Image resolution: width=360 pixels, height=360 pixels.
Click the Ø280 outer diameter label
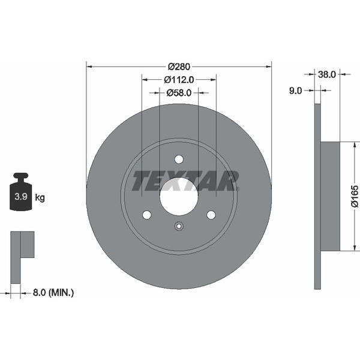179,67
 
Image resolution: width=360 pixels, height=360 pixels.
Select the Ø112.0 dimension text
179,80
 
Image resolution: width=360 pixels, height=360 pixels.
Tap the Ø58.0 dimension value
179,93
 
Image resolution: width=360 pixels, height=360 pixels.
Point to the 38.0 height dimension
327,74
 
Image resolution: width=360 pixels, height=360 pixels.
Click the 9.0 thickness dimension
295,91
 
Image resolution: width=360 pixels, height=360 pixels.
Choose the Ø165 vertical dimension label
355,196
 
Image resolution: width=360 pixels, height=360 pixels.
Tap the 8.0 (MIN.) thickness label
53,293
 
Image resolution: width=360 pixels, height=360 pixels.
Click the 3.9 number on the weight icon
21,197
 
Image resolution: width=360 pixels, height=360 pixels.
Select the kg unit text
40,197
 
